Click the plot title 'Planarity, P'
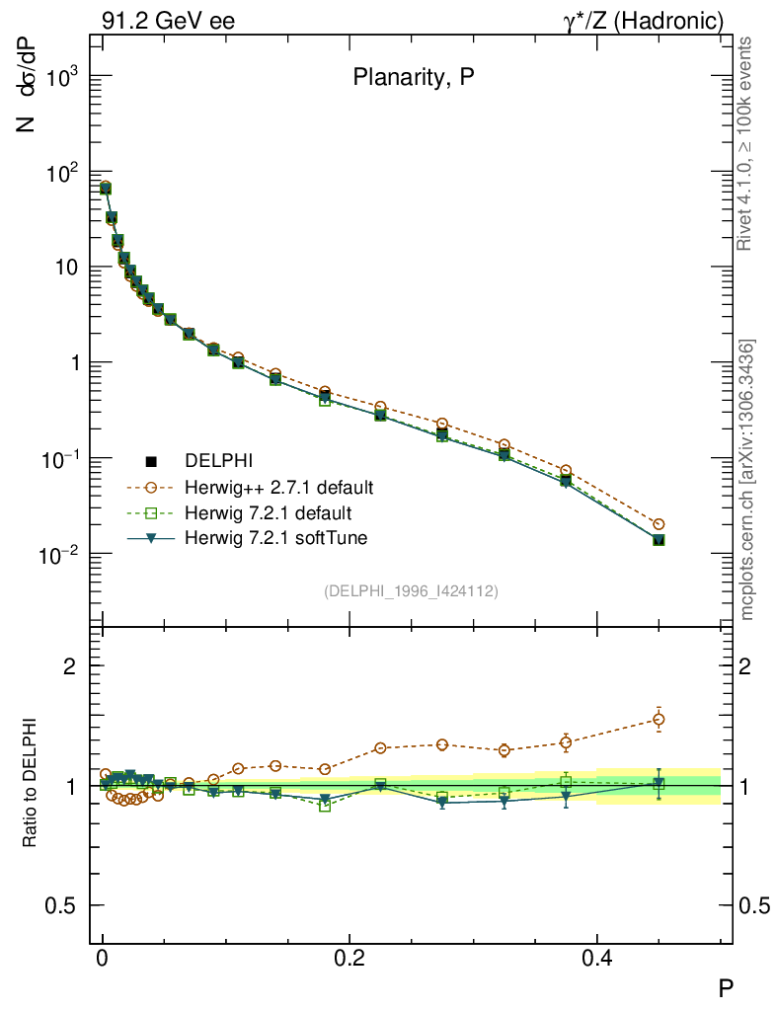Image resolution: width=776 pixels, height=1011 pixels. [414, 80]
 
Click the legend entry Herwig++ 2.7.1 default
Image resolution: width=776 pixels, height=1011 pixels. [278, 487]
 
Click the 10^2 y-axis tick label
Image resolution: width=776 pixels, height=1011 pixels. [61, 173]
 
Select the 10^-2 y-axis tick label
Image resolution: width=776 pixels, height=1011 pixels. [59, 555]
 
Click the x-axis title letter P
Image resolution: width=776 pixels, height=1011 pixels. [725, 986]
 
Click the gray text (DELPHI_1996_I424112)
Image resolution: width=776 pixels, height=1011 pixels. [411, 591]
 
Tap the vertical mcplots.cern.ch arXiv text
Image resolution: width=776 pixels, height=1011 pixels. [747, 480]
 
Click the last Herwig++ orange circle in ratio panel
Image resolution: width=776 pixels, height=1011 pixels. [659, 719]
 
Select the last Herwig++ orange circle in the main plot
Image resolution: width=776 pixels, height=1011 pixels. [659, 524]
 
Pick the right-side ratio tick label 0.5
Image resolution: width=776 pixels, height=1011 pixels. [755, 906]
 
